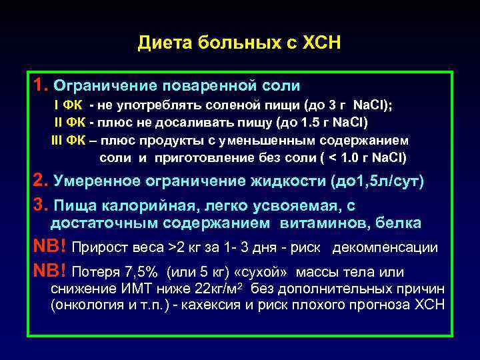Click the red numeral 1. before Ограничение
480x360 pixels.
tap(40, 85)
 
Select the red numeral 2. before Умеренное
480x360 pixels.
tap(40, 181)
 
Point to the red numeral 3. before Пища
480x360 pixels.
tap(40, 205)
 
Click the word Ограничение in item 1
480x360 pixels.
tap(101, 86)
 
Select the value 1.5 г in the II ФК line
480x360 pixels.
tap(323, 123)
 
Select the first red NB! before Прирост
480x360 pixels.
tap(49, 247)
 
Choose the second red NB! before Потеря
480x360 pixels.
tap(49, 272)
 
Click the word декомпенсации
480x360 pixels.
tap(385, 248)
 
